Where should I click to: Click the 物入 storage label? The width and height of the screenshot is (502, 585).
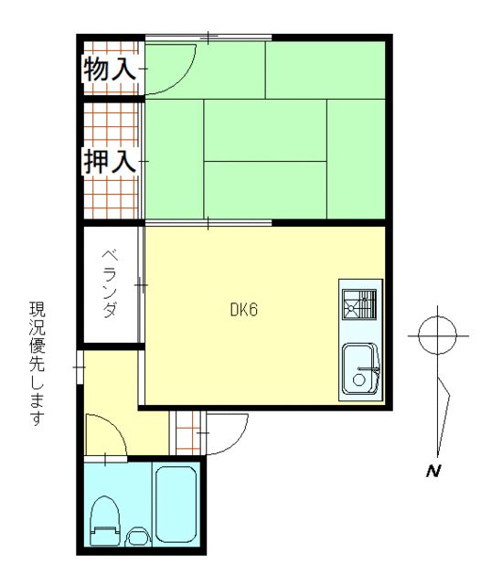[110, 68]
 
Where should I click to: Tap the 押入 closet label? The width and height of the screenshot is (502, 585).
[110, 162]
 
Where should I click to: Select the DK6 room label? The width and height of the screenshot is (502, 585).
[244, 310]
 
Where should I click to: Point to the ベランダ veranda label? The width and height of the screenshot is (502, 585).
[109, 282]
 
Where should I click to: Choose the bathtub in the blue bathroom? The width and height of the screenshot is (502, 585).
[176, 505]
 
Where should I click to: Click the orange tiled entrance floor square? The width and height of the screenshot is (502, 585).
[186, 433]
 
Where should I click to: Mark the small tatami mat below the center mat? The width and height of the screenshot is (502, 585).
[265, 190]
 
